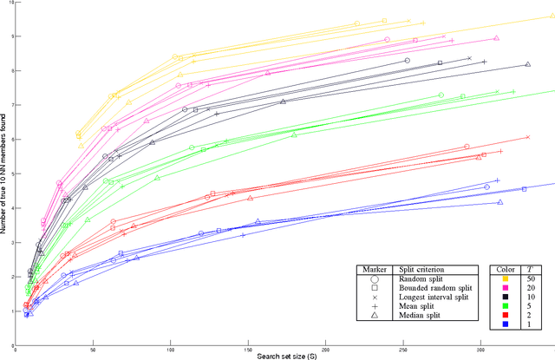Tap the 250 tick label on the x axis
pos(219,347)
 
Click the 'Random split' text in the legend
pos(418,279)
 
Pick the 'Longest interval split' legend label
pos(433,298)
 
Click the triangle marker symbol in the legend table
pos(374,316)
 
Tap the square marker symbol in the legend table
pos(374,289)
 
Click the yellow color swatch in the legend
pos(505,279)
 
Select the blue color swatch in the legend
pos(505,324)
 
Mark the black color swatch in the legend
pos(505,298)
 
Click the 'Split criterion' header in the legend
pos(421,269)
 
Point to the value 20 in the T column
pos(530,289)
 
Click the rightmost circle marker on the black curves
pos(407,61)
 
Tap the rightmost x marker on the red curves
pos(527,136)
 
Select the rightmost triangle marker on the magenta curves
pos(496,38)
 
